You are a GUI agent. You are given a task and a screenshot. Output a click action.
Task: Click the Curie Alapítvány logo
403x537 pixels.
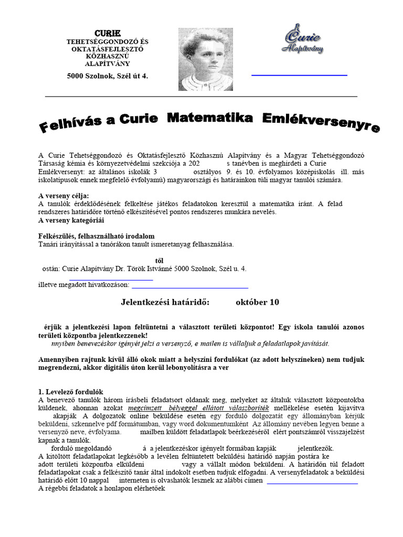(302, 39)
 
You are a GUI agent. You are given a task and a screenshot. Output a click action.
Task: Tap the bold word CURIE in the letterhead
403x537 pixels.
(107, 34)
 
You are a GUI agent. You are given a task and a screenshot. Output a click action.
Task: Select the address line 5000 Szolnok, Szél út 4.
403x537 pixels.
(108, 76)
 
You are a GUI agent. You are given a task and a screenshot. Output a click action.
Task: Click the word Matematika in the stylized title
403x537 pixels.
(209, 118)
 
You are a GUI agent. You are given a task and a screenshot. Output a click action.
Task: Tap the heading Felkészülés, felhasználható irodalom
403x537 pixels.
(97, 236)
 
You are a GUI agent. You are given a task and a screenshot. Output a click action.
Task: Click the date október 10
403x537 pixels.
(257, 302)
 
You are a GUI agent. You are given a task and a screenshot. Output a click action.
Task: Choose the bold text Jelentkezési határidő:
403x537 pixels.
(165, 302)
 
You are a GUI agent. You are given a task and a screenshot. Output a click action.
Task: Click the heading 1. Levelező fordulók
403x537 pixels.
(71, 392)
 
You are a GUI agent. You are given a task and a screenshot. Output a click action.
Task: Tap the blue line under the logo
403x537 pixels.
(299, 76)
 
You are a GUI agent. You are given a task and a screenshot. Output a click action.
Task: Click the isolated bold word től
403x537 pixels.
(160, 260)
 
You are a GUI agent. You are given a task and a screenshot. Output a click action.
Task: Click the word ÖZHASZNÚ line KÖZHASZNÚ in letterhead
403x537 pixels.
(108, 56)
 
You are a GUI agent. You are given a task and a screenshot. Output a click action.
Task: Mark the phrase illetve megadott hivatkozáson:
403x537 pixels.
(84, 285)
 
